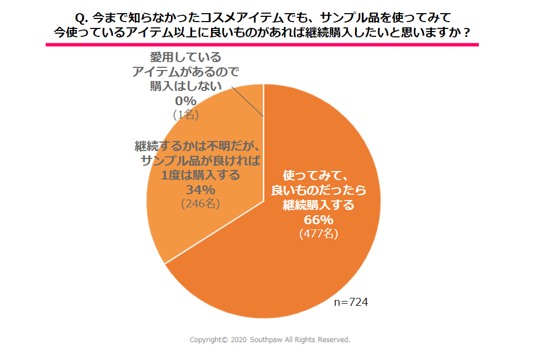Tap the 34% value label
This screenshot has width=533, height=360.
pos(199,189)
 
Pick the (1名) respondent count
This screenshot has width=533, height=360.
pos(186,114)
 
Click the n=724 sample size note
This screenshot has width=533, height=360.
pos(351,302)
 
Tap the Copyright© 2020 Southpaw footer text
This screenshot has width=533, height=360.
pos(269,340)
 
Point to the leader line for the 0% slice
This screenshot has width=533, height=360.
pos(247,100)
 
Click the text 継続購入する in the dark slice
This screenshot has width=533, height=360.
pos(318,205)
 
